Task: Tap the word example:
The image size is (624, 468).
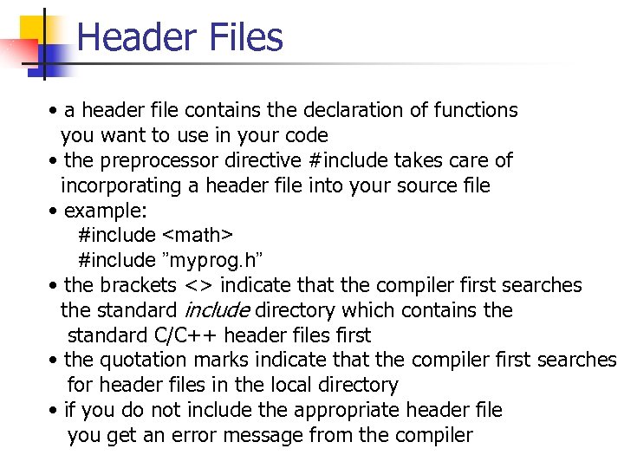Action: coord(100,211)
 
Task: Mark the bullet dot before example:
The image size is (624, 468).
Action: coord(54,211)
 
